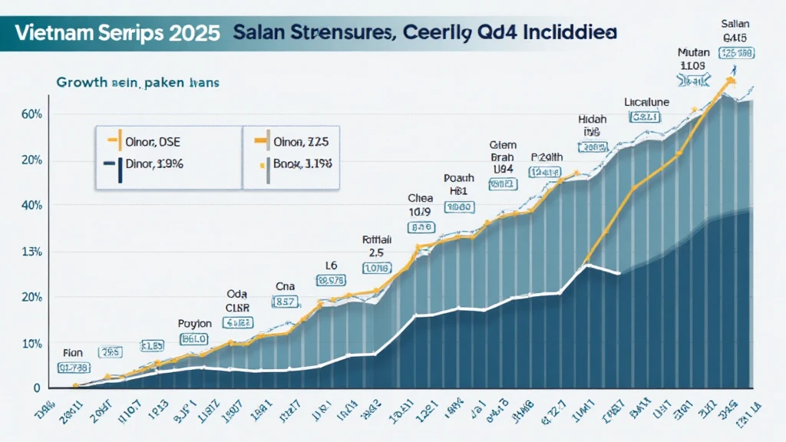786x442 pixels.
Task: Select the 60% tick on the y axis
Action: [31, 114]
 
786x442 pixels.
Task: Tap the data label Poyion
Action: [193, 323]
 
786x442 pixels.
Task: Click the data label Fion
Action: [72, 353]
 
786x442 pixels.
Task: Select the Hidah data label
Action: [592, 119]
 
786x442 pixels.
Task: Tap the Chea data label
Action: [421, 197]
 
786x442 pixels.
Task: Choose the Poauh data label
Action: [459, 178]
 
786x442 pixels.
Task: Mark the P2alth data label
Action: [546, 157]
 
